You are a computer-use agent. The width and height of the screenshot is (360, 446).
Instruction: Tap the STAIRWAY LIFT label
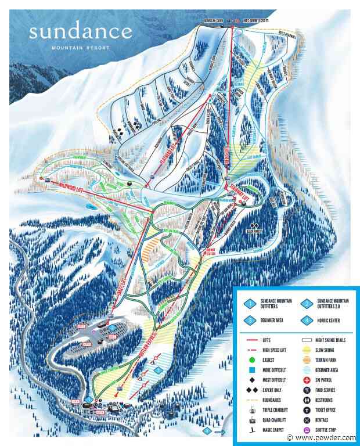(x=245, y=190)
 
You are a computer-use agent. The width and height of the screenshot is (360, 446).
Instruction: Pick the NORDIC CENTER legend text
(x=333, y=319)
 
